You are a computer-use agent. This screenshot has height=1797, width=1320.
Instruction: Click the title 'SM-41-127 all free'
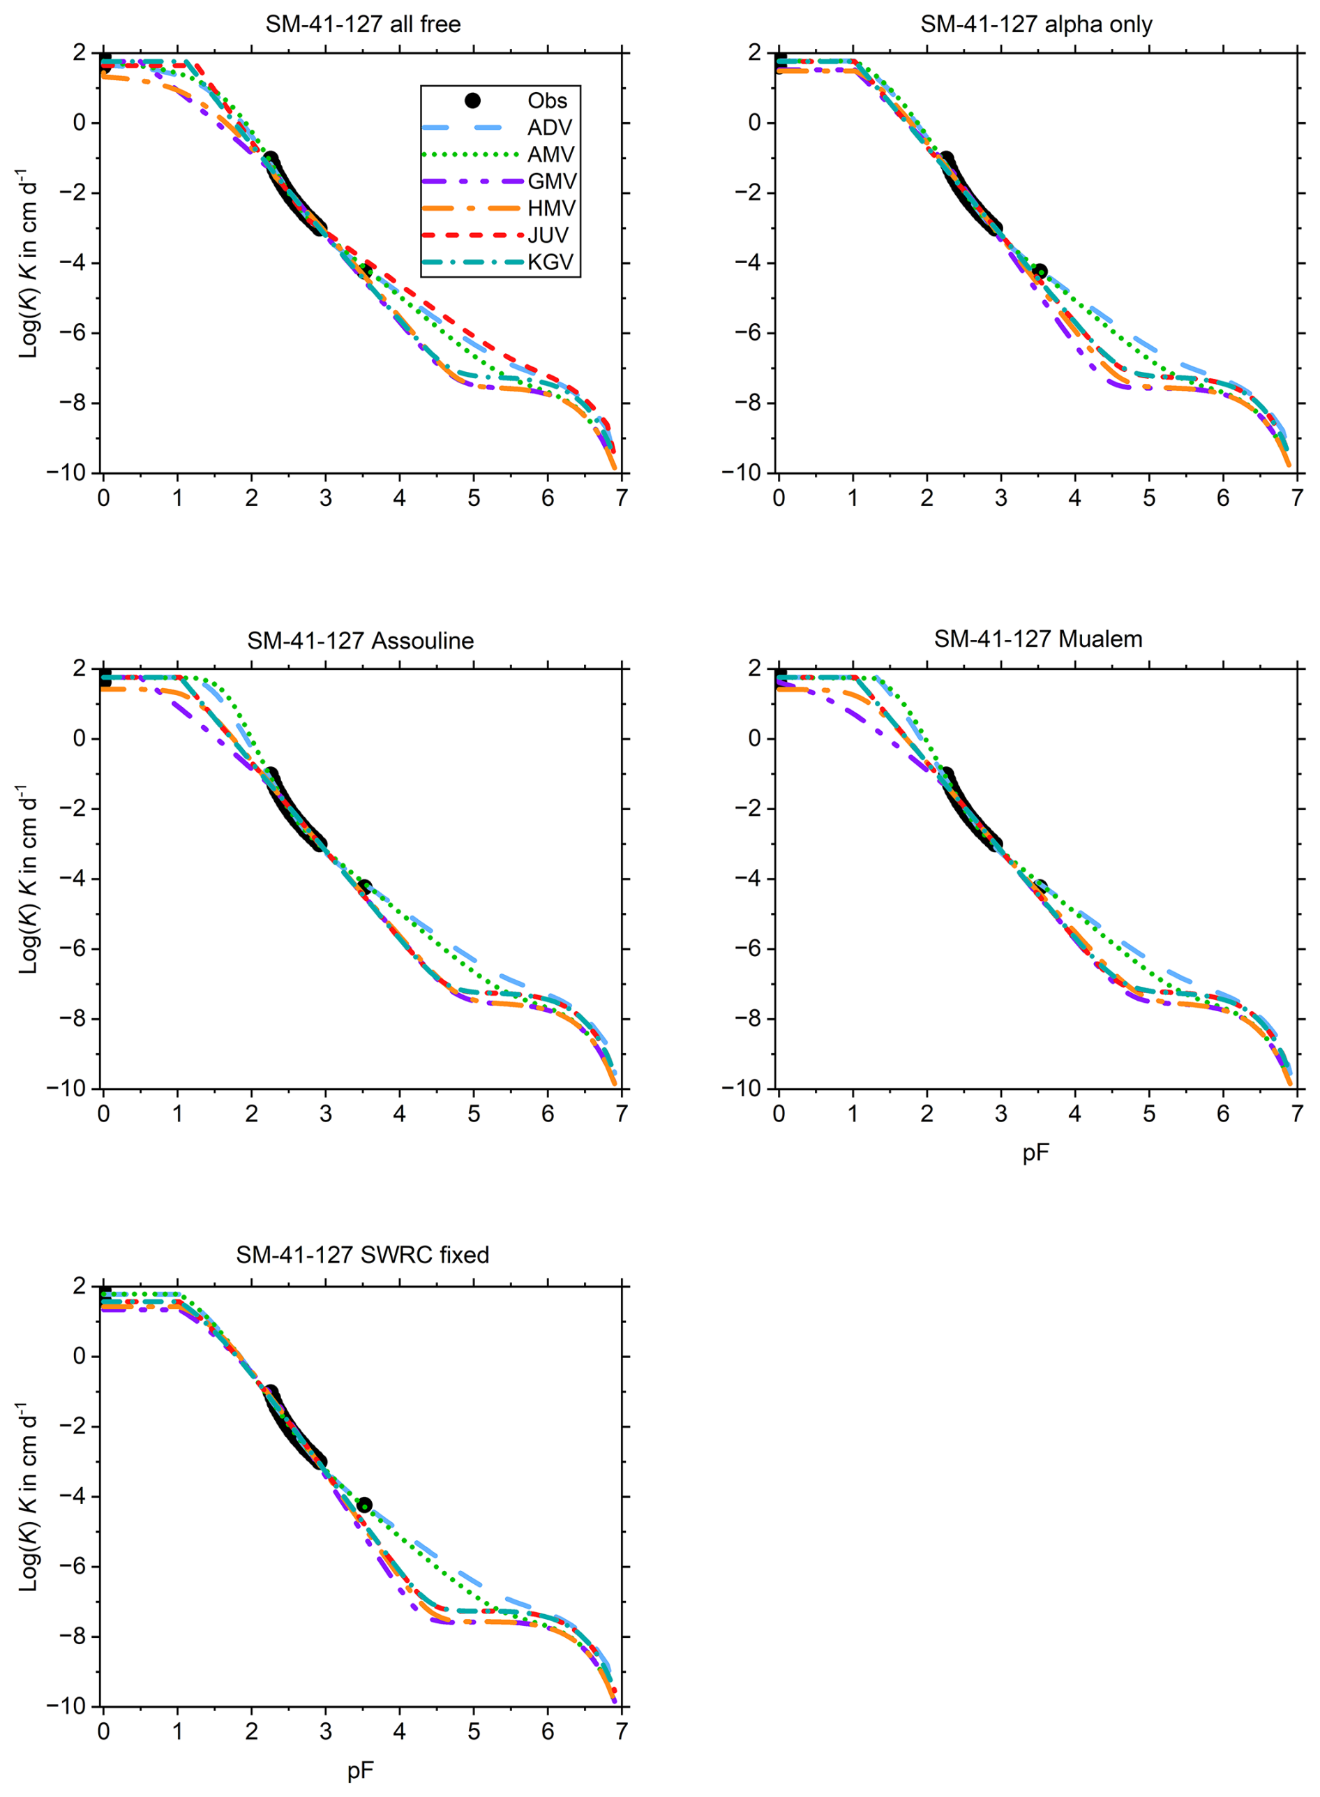tap(363, 24)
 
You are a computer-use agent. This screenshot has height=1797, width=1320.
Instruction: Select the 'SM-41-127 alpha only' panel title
tap(1035, 24)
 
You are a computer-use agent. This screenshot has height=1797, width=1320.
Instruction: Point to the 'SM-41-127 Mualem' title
tap(1037, 639)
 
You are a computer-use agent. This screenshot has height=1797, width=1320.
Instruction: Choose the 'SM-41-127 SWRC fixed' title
tap(362, 1255)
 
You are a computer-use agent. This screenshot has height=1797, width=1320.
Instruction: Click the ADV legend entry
tap(550, 128)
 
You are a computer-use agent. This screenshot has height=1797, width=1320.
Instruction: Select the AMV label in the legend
tap(550, 154)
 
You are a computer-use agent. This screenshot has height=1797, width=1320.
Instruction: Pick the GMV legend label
tap(551, 181)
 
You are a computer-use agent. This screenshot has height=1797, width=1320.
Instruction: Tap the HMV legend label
tap(551, 209)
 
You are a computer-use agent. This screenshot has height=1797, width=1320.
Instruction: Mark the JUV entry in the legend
tap(548, 235)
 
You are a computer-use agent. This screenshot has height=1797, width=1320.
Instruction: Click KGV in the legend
tap(550, 262)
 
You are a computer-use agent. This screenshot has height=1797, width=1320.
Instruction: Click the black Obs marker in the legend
tap(472, 100)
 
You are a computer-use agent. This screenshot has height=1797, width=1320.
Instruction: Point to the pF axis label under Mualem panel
tap(1035, 1153)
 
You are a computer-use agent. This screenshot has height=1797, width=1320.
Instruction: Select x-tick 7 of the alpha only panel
tap(1297, 498)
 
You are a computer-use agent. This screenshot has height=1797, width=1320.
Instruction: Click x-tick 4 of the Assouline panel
tap(400, 1114)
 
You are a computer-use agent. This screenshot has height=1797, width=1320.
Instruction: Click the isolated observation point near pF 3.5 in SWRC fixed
tap(363, 1505)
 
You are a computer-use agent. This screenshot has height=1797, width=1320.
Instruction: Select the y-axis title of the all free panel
tap(28, 264)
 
